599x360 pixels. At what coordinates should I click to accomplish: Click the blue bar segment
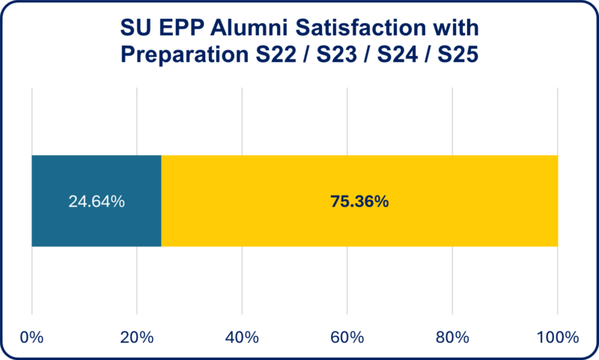tap(97, 225)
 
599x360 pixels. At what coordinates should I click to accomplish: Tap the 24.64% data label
tap(97, 201)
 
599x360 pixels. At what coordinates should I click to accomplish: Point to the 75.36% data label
tap(359, 201)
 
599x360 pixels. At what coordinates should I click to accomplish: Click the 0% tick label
tap(31, 338)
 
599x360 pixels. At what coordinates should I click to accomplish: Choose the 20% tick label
tap(136, 338)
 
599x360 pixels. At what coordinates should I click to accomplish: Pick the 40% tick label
tap(242, 338)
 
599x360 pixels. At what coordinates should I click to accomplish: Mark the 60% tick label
tap(347, 338)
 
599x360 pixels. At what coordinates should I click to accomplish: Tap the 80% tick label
tap(452, 338)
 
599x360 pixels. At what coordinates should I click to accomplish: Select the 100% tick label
tap(556, 338)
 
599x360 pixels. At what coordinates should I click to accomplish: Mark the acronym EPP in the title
tap(180, 29)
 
